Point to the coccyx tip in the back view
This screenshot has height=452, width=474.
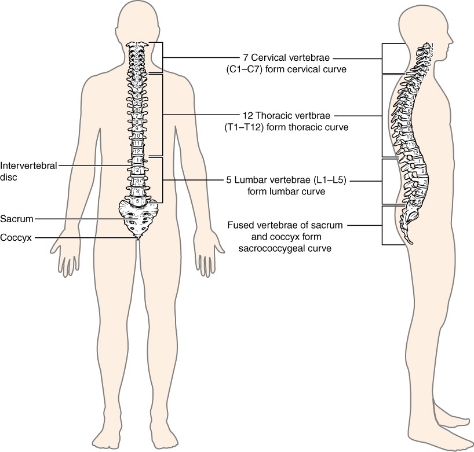point(138,238)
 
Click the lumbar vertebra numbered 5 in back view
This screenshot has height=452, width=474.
point(137,200)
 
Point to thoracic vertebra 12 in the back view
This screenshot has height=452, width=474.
point(137,152)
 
